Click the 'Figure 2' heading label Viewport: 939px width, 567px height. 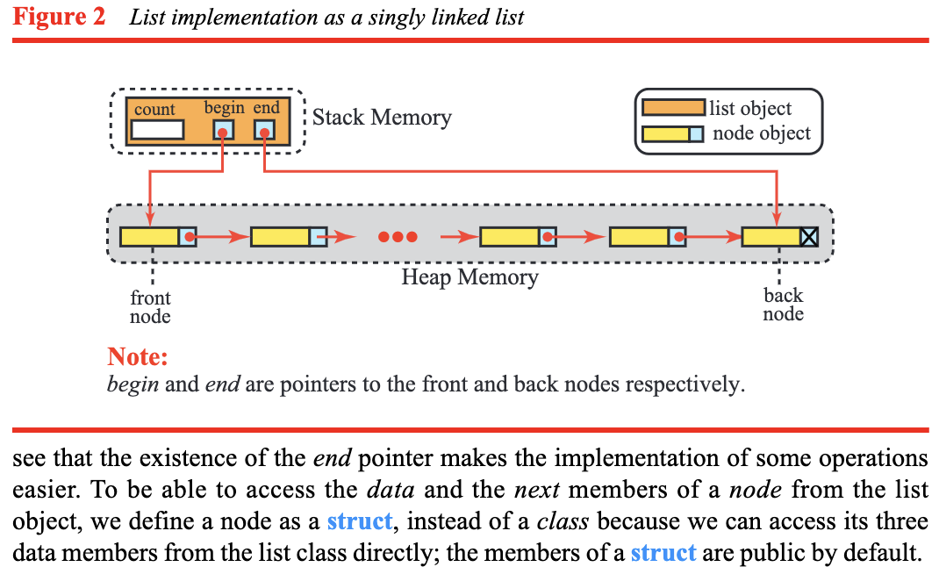pos(59,18)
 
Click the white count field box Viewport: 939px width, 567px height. pos(157,130)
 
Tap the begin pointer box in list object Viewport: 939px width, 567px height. pos(224,131)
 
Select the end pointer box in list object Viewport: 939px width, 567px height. pos(265,131)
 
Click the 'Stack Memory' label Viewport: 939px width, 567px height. pos(382,118)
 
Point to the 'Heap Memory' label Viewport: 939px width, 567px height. pos(469,278)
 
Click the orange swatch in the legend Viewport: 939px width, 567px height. pos(673,108)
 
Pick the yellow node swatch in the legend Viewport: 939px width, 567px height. pos(666,134)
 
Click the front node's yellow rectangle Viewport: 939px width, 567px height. pos(149,236)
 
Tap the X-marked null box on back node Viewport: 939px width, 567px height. pos(809,236)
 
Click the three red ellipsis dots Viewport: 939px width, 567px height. pos(398,237)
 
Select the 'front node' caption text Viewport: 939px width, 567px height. pos(150,307)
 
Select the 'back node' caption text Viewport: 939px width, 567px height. pos(783,305)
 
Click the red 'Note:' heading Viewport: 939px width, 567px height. pos(137,357)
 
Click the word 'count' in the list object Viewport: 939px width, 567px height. pos(154,110)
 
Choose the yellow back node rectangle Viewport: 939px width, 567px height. pos(771,236)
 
